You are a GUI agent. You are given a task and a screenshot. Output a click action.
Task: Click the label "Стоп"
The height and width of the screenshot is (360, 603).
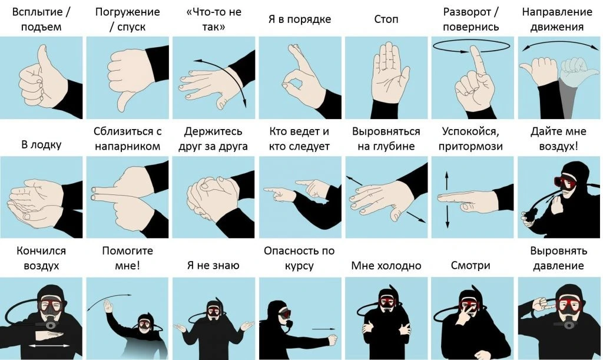point(386,19)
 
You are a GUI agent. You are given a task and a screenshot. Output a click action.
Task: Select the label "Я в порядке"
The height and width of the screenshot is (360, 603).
point(300,19)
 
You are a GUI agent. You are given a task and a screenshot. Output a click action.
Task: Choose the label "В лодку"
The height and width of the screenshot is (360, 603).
point(41,145)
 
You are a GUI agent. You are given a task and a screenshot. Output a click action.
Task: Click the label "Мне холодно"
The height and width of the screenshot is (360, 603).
point(386,266)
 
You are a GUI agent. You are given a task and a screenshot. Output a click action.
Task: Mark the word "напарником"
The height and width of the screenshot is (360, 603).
point(127,146)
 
